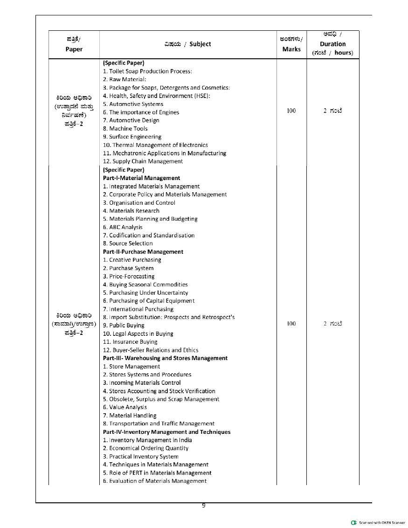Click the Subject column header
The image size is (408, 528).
187,44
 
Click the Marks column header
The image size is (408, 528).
291,44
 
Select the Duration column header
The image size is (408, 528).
332,44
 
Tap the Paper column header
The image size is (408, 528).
74,44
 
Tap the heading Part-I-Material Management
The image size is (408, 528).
141,178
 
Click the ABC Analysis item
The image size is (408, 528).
123,227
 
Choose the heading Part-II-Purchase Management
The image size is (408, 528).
143,252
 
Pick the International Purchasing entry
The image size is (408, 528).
138,309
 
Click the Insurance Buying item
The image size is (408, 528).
130,342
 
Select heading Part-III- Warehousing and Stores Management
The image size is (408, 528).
165,358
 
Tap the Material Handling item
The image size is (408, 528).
130,416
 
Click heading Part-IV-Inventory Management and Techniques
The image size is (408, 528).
166,432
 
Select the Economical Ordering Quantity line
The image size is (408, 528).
145,448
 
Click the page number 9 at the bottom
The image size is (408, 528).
204,505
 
